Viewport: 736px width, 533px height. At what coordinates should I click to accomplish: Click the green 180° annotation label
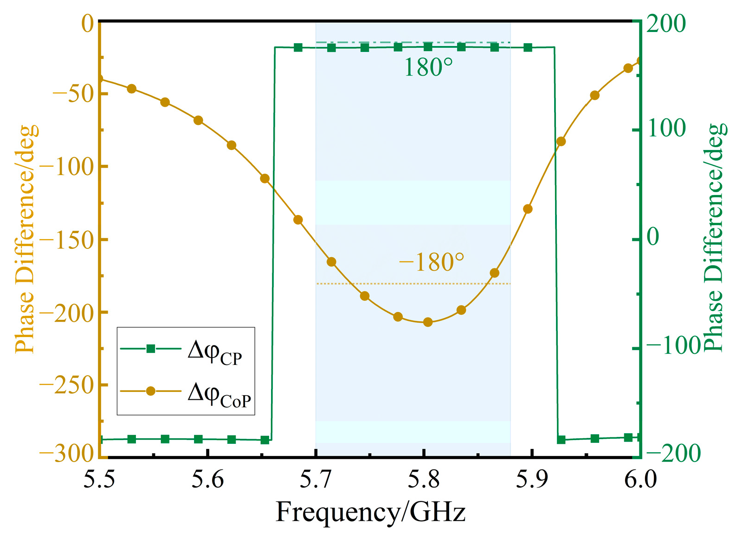point(428,68)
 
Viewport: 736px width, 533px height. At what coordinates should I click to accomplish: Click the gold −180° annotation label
point(431,263)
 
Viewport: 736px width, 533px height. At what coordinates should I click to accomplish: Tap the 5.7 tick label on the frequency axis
point(316,479)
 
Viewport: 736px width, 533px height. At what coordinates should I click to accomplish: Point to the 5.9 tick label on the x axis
point(532,479)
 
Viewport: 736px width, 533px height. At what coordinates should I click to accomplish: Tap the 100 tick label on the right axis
point(666,129)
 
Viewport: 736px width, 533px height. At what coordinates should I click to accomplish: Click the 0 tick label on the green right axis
point(652,238)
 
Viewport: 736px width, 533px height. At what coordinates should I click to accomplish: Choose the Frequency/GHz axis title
point(370,513)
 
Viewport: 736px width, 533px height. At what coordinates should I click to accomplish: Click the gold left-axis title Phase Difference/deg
point(26,239)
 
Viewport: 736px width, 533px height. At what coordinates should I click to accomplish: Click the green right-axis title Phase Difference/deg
point(715,238)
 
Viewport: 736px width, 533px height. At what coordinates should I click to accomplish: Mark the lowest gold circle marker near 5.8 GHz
point(428,322)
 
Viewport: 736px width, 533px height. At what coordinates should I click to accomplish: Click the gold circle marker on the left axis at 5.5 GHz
point(99,79)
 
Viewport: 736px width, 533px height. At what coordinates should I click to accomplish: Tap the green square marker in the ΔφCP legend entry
point(150,349)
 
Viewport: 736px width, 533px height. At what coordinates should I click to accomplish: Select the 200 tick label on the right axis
point(666,24)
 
